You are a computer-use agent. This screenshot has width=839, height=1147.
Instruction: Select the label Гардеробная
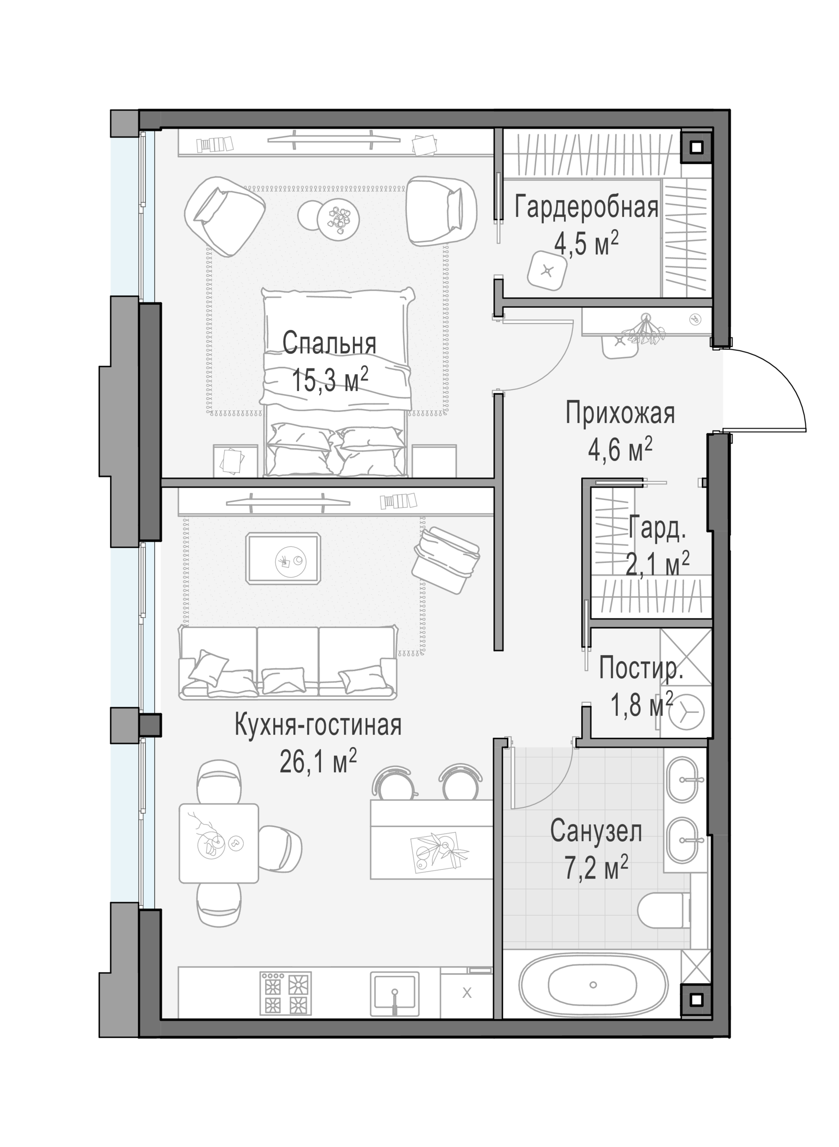click(587, 207)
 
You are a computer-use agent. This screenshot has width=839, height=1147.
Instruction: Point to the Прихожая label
click(620, 413)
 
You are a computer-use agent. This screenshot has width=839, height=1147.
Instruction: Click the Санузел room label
click(596, 831)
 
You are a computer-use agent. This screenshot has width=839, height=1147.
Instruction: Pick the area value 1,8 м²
click(641, 705)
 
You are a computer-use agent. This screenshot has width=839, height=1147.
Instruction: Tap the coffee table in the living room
click(283, 559)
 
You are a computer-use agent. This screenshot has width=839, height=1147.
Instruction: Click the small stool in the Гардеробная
click(546, 271)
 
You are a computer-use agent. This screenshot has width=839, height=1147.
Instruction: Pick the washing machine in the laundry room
click(686, 712)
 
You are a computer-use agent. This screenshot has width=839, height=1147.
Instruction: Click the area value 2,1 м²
click(657, 564)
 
